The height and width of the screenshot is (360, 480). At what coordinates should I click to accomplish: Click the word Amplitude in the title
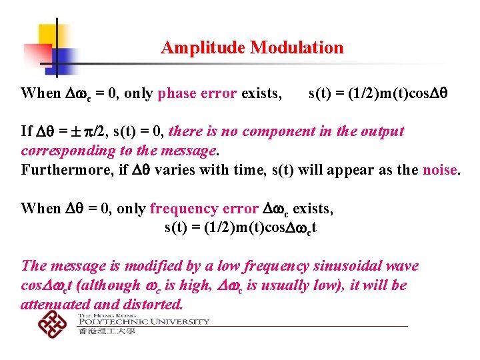pyautogui.click(x=203, y=48)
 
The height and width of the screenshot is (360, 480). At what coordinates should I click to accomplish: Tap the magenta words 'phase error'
pyautogui.click(x=197, y=93)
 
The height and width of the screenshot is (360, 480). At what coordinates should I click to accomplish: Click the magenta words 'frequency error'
pyautogui.click(x=203, y=209)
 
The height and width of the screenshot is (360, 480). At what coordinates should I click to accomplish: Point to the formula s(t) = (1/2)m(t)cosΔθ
pyautogui.click(x=377, y=93)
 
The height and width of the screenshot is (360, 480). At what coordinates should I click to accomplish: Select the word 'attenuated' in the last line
pyautogui.click(x=55, y=305)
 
